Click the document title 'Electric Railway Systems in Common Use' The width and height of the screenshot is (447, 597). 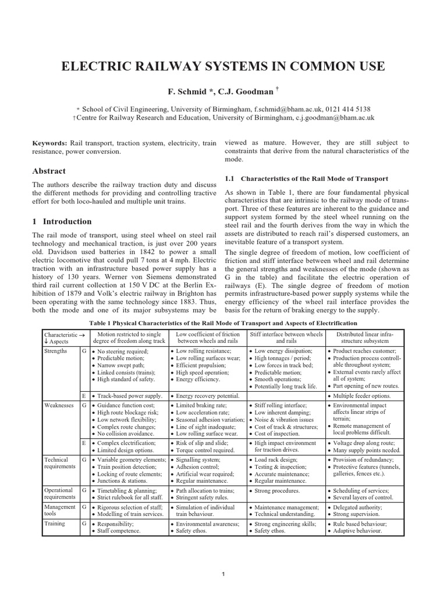(223, 66)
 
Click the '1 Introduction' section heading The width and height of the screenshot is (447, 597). (61, 222)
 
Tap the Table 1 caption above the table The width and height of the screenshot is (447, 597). (223, 322)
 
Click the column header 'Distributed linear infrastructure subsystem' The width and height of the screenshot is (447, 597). (364, 337)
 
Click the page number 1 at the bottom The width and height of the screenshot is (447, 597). (223, 575)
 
